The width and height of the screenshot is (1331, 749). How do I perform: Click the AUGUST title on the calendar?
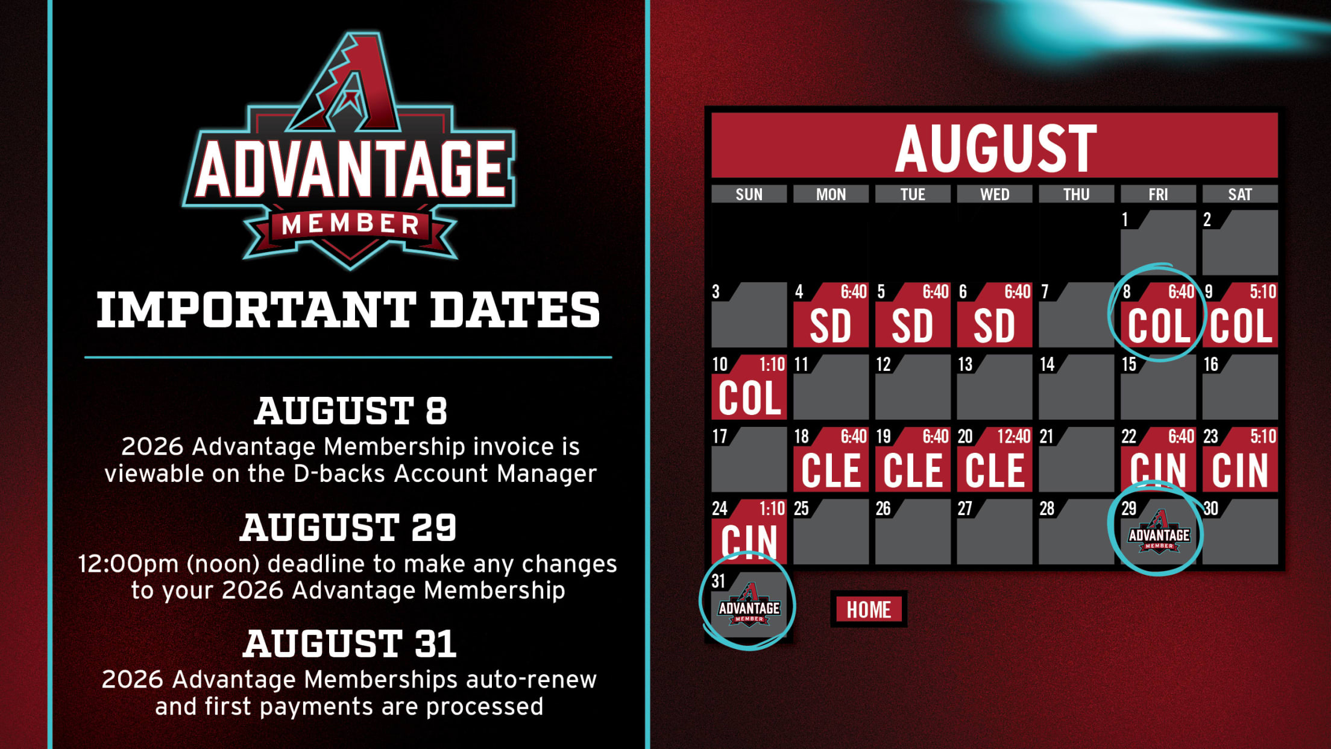tap(995, 148)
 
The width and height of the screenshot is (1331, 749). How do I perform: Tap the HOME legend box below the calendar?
tap(869, 609)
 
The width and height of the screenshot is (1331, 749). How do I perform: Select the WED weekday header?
tap(994, 194)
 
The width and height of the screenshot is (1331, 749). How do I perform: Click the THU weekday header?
tap(1076, 194)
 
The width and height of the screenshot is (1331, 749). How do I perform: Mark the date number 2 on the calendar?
tap(1207, 220)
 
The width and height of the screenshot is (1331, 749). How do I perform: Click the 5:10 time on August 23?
tap(1262, 436)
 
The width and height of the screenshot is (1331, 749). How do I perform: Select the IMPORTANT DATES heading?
tap(348, 310)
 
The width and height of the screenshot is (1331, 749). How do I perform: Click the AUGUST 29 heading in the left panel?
tap(348, 527)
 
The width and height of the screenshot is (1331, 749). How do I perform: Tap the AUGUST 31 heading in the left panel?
tap(350, 643)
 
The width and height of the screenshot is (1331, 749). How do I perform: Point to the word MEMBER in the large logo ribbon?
tap(350, 224)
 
